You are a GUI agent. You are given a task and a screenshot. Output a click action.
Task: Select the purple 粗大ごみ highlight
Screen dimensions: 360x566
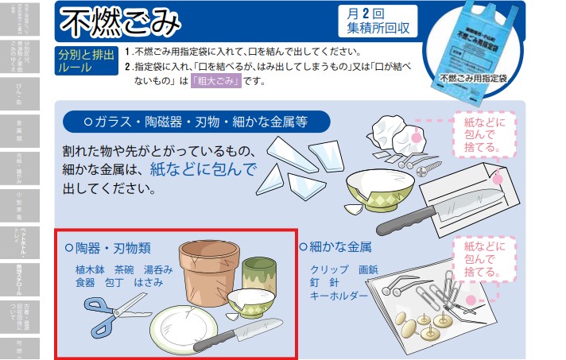click(x=215, y=81)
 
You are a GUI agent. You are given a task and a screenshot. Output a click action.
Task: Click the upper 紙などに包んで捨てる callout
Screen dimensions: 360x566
click(x=484, y=132)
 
